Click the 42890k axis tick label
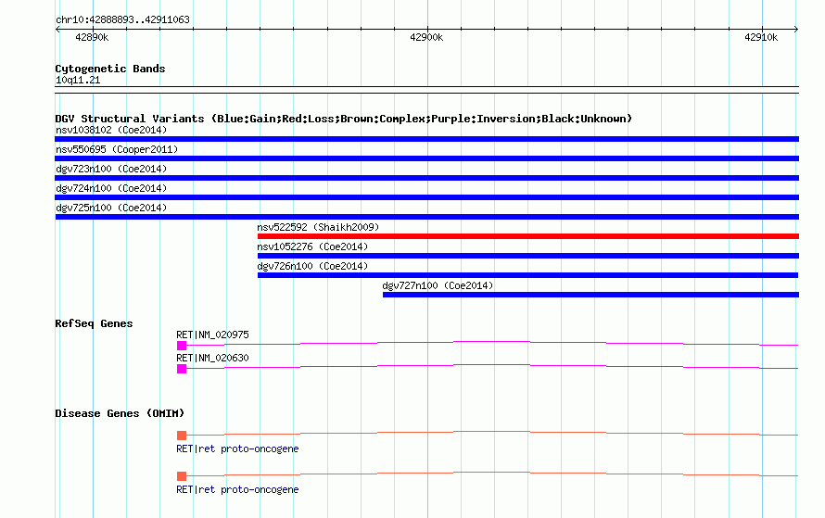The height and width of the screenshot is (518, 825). click(x=92, y=37)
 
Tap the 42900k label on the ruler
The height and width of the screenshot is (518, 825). click(x=426, y=37)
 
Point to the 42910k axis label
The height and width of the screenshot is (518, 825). click(x=761, y=37)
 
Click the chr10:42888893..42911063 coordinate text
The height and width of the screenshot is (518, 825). click(x=122, y=19)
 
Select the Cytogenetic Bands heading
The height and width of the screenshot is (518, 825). click(x=110, y=69)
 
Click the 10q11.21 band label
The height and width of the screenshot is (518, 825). click(x=78, y=80)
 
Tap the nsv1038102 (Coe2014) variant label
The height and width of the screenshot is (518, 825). click(x=111, y=130)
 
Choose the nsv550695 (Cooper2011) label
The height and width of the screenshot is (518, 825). click(x=117, y=149)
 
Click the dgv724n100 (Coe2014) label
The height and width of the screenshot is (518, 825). click(x=111, y=188)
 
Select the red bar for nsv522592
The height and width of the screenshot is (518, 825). click(x=528, y=236)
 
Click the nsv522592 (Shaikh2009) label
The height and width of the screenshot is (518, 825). click(x=318, y=227)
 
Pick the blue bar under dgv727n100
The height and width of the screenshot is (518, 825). click(x=590, y=295)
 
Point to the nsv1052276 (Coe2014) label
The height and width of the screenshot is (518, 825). click(x=312, y=246)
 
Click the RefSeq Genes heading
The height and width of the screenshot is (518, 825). click(x=94, y=323)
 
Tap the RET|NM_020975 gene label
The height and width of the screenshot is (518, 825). click(x=212, y=335)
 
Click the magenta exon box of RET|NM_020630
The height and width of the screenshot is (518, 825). click(x=182, y=369)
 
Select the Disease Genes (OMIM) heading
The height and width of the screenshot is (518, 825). click(x=120, y=413)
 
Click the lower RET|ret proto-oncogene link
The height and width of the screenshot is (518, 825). click(x=237, y=489)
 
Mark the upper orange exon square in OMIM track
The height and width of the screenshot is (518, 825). click(x=182, y=436)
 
